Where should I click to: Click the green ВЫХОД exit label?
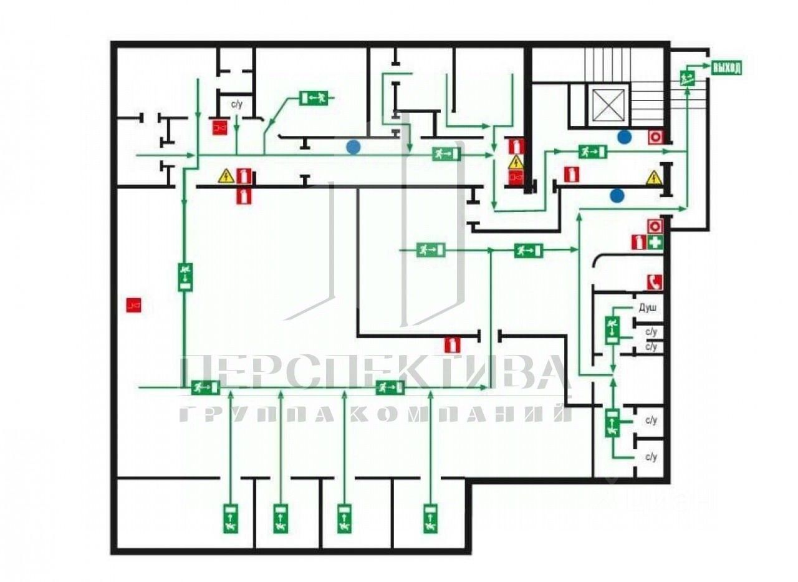(726, 68)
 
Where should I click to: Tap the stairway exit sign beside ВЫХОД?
(688, 78)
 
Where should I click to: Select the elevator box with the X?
(608, 105)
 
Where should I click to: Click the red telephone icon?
(654, 282)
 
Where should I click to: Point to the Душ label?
(648, 308)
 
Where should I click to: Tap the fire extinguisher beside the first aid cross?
(638, 243)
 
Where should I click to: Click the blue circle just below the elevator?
(624, 137)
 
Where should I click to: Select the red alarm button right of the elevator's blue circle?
(655, 137)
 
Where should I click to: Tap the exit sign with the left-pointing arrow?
(314, 98)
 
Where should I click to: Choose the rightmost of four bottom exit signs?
(429, 518)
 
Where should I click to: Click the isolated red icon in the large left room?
(133, 305)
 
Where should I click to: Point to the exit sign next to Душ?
(612, 329)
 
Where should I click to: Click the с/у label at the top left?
(237, 104)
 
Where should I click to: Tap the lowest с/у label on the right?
(651, 457)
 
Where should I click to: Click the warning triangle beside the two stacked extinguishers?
(226, 177)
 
